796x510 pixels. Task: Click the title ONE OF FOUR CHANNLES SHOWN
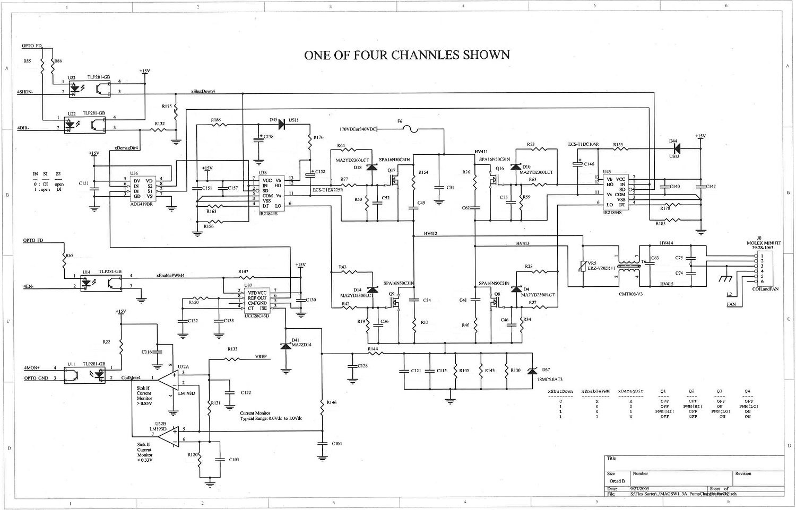406,55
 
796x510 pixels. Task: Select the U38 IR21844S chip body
271,193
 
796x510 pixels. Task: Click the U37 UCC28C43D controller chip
257,300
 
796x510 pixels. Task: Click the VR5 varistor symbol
584,266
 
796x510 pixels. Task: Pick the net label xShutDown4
203,91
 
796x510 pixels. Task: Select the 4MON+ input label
32,368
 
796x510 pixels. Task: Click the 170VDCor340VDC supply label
358,129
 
